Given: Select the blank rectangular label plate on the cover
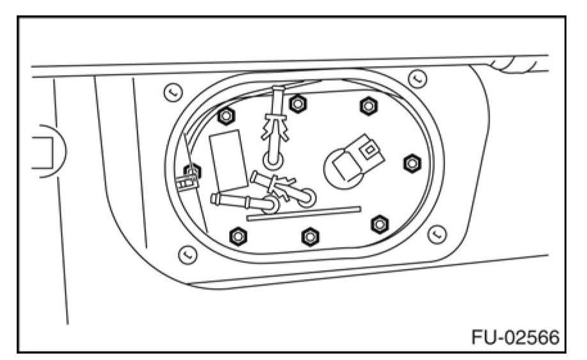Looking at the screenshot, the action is pos(227,159).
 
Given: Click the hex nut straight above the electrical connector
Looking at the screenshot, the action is pos(367,106).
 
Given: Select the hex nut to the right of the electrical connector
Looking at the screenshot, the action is pos(410,163).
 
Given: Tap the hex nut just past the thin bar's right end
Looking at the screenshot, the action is pos(380,223).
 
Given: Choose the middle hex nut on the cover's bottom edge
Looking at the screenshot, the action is pos(310,236).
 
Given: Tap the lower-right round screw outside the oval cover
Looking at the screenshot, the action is pos(437,232).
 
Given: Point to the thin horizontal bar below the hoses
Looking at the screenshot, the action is pos(303,212).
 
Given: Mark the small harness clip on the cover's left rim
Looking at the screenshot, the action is pos(184,184).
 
